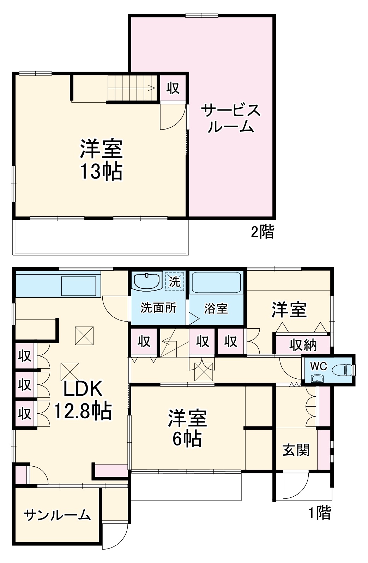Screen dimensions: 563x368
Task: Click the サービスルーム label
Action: point(231,118)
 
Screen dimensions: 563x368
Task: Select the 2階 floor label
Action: point(262,232)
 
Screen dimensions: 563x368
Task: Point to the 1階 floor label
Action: point(320,513)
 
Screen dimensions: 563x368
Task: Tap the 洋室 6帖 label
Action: point(187,428)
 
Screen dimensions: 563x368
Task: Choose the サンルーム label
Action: point(57,515)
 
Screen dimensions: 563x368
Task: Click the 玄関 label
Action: point(296,450)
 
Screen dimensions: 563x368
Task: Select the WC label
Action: point(318,366)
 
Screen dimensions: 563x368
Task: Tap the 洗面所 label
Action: point(158,308)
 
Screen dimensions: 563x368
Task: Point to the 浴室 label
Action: point(216,309)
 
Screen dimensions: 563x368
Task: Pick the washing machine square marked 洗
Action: point(175,281)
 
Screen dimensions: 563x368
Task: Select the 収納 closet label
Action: point(303,345)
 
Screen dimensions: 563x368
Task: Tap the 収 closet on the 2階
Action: point(173,88)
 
